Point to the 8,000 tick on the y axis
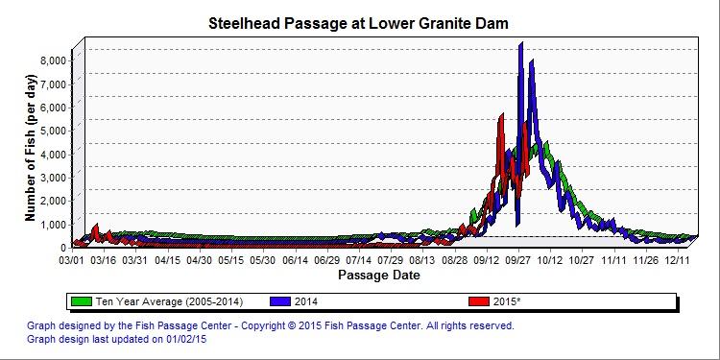(51, 60)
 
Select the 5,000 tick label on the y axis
(51, 130)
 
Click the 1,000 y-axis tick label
(51, 224)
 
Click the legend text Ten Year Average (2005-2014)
(156, 301)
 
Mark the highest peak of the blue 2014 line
(520, 44)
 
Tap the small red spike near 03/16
(96, 228)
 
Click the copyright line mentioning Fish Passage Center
(271, 325)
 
